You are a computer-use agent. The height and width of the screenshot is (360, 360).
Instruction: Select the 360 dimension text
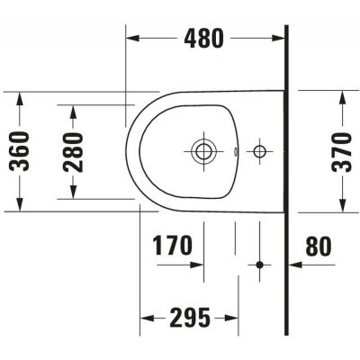click(x=23, y=150)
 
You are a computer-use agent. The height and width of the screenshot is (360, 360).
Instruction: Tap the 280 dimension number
click(x=75, y=150)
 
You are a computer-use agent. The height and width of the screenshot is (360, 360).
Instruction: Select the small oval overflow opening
click(x=237, y=151)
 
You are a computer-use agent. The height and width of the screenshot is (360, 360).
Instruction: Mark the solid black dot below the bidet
click(x=260, y=265)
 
